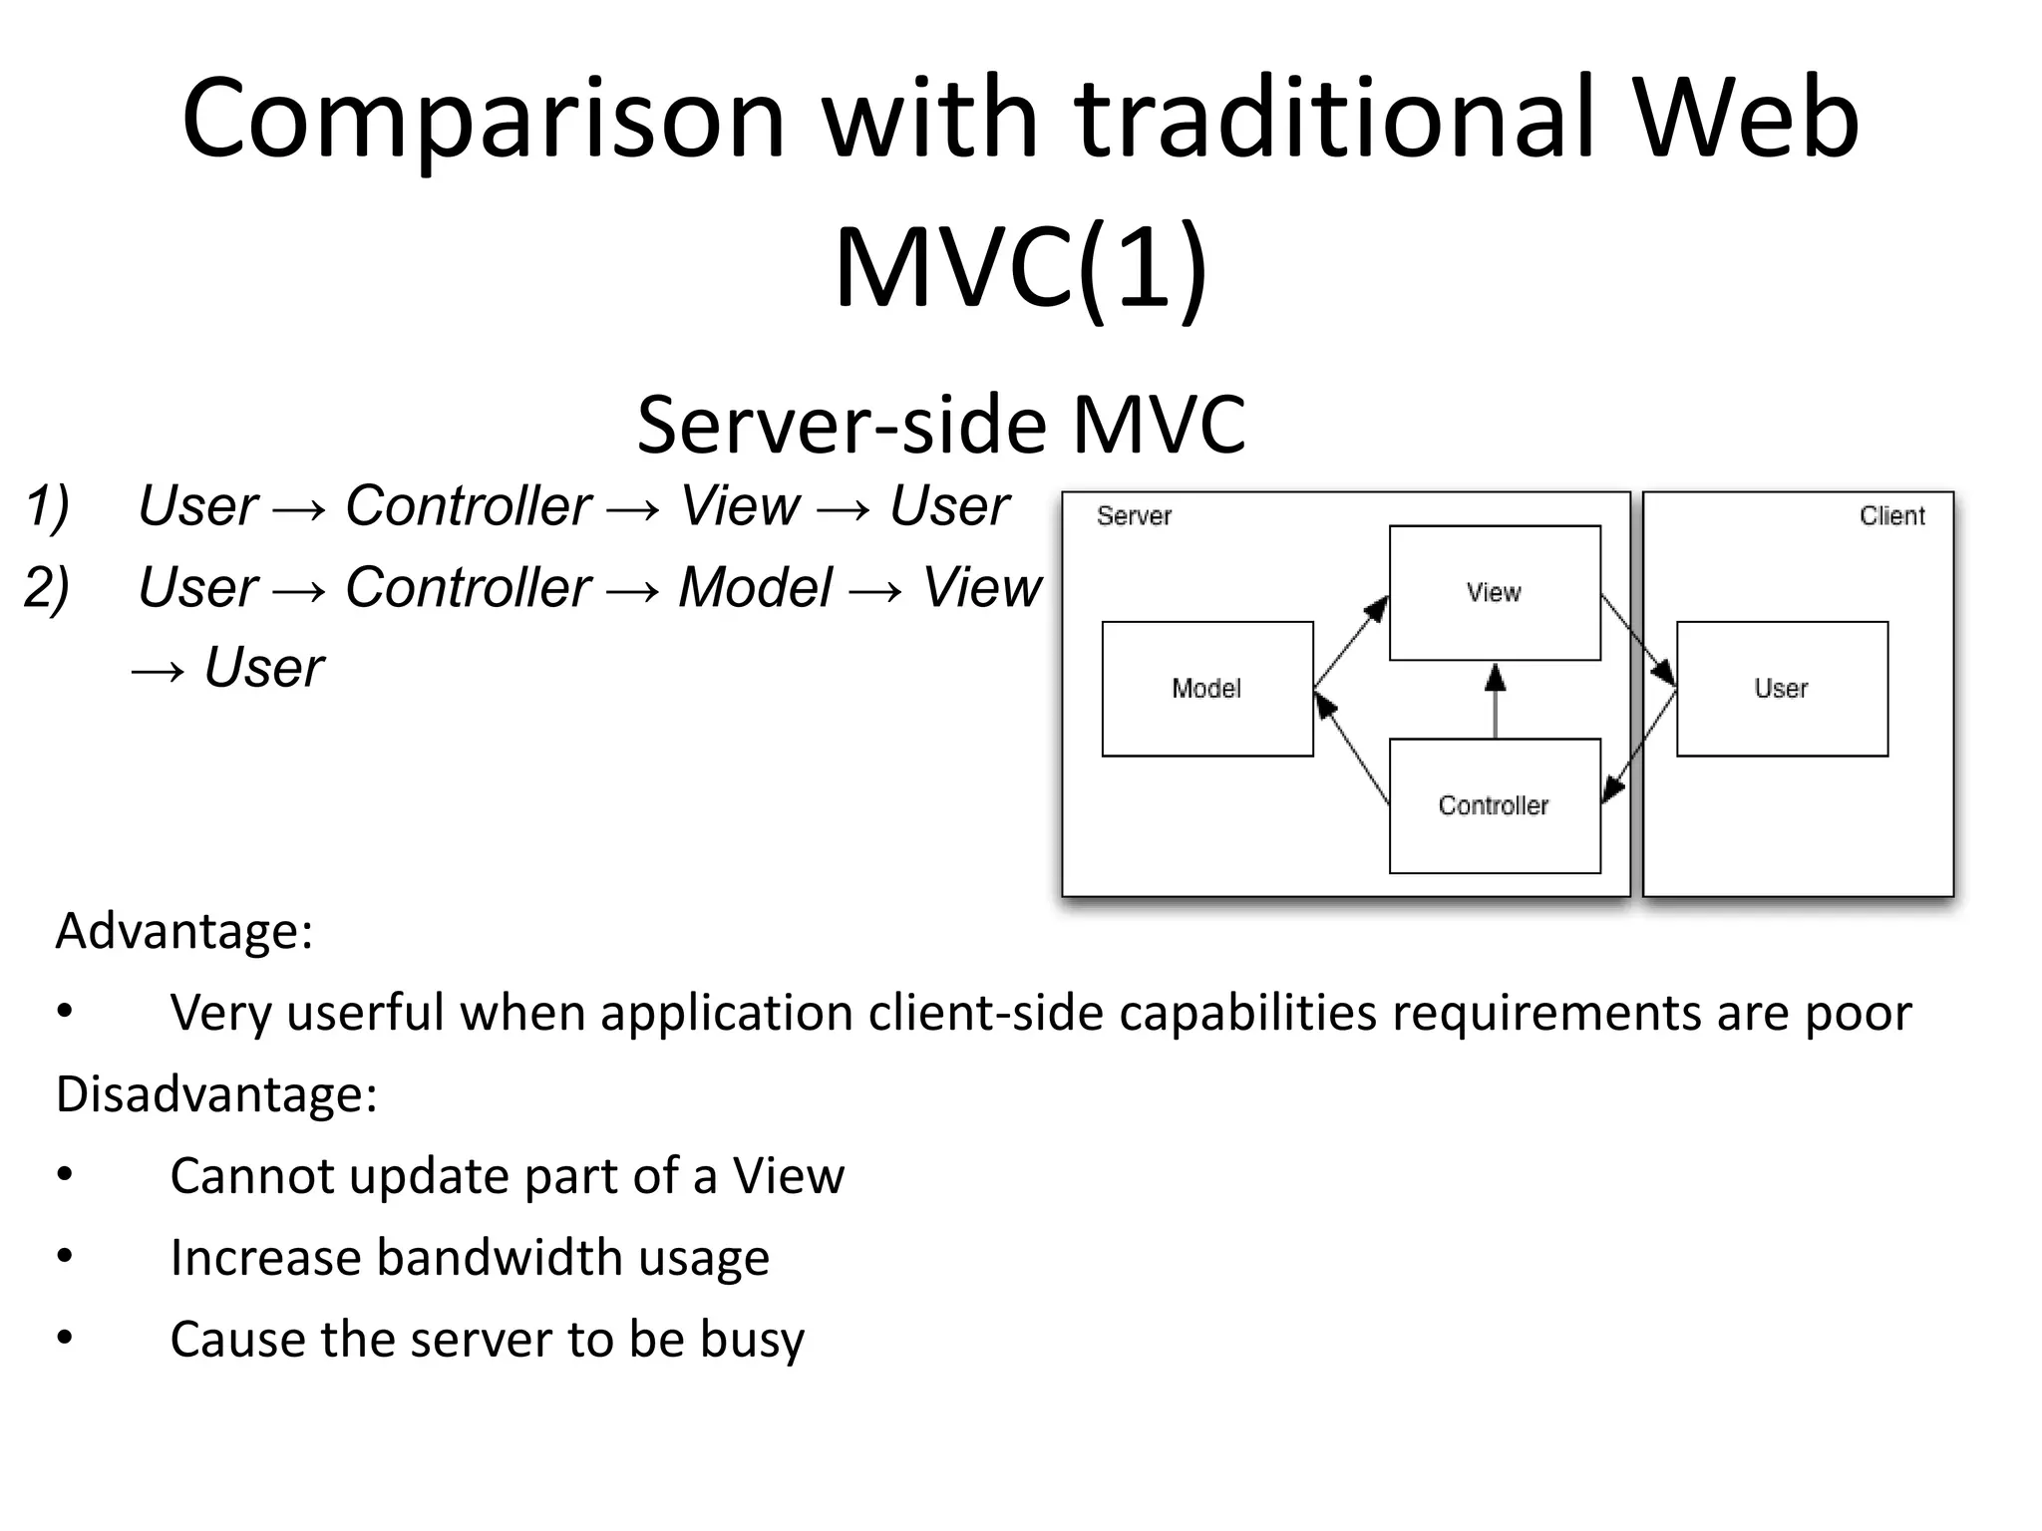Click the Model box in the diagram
coord(1207,689)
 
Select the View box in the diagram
coord(1495,593)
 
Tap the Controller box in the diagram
coord(1495,805)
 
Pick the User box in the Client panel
coord(1782,689)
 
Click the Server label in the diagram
coord(1134,516)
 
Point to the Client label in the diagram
coord(1891,516)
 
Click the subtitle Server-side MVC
coord(941,425)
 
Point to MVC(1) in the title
coord(1021,267)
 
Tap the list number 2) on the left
coord(47,587)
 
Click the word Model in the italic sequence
coord(755,587)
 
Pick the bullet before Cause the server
coord(65,1338)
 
